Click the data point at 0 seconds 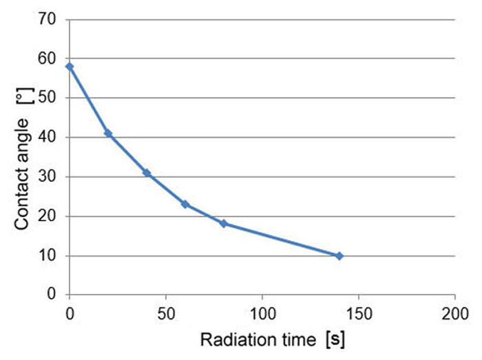(70, 67)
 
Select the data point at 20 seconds (108, 134)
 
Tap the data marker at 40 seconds (147, 173)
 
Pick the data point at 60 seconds (185, 204)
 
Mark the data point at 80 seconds (224, 224)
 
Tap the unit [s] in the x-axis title (336, 341)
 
